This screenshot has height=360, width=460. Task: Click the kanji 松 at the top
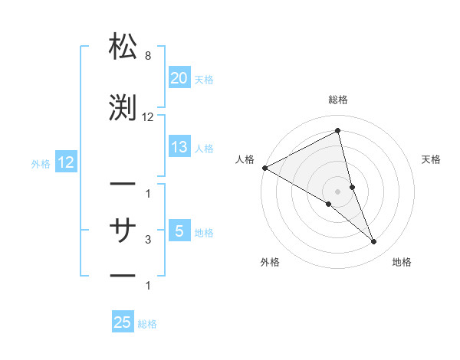(123, 47)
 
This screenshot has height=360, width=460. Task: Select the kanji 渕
(123, 106)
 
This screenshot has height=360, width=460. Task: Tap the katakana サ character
(123, 227)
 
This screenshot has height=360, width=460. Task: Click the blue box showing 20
(179, 78)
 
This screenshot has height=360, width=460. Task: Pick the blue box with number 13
(179, 147)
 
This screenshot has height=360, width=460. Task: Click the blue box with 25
(123, 322)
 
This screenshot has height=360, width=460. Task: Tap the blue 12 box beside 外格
(65, 162)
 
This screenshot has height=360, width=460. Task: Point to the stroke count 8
(147, 57)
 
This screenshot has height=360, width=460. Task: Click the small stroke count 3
(148, 240)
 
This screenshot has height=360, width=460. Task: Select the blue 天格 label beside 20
(204, 80)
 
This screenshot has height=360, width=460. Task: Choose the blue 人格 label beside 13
(204, 149)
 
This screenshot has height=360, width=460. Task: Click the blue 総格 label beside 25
(147, 324)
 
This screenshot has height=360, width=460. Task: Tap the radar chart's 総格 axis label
(337, 100)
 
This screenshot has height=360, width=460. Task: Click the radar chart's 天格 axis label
(431, 159)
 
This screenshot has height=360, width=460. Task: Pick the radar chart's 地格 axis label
(402, 263)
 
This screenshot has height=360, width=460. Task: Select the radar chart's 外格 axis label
(270, 263)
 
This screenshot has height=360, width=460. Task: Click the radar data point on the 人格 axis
(264, 168)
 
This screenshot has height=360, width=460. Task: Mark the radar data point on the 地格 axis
(374, 242)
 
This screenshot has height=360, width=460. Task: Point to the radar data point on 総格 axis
(337, 131)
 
